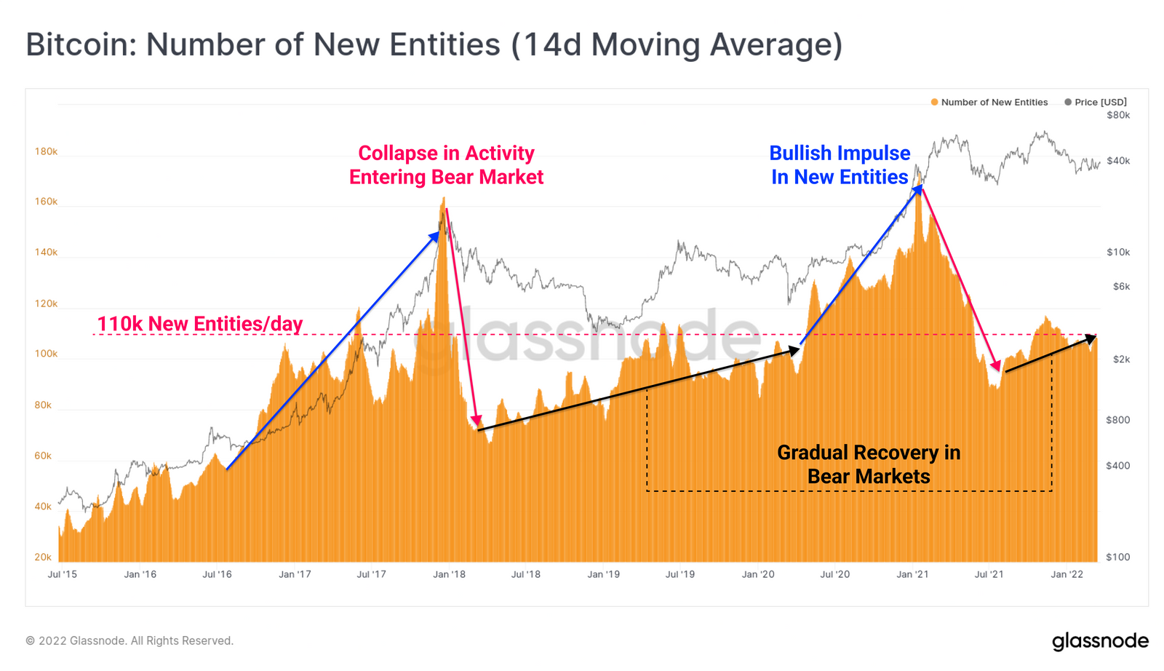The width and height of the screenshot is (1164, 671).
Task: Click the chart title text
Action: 434,44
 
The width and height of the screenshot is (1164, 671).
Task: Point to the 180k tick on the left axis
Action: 46,152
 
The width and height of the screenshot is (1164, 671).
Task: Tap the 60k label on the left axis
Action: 43,456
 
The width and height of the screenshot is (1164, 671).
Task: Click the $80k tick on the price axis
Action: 1118,116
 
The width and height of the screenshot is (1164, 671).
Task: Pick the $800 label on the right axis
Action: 1118,420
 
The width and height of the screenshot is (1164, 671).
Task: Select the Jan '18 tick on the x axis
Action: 449,575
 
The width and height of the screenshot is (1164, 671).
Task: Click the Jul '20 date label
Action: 834,575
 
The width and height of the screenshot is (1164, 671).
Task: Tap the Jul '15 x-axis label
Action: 62,575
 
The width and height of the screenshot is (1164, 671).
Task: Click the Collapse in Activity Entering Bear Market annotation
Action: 446,165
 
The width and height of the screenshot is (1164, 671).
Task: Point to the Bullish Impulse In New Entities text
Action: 840,165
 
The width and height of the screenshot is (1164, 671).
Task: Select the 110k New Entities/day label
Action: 200,324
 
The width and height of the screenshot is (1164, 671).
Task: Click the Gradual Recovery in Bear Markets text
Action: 869,464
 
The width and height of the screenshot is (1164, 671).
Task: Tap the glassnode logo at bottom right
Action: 1100,641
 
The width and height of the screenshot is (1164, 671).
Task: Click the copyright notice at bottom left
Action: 129,641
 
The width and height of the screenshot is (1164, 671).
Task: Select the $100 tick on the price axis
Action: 1118,557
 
